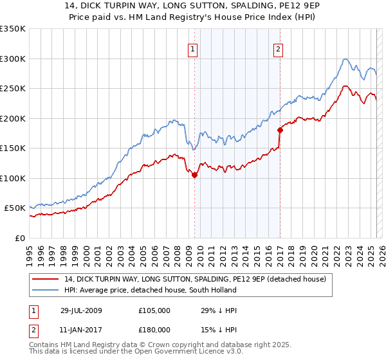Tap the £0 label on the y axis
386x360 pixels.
click(19, 238)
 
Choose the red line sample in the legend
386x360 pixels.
click(46, 279)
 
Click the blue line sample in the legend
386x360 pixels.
click(46, 290)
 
